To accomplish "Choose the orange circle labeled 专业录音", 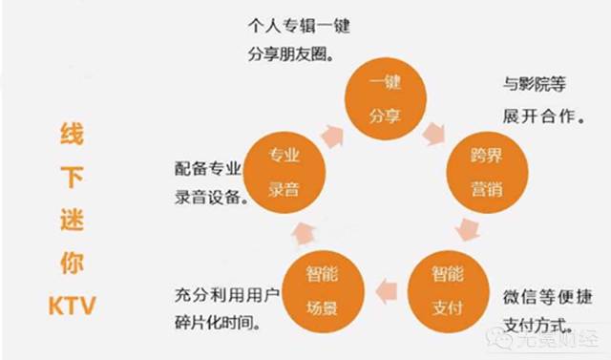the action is [284, 171].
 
